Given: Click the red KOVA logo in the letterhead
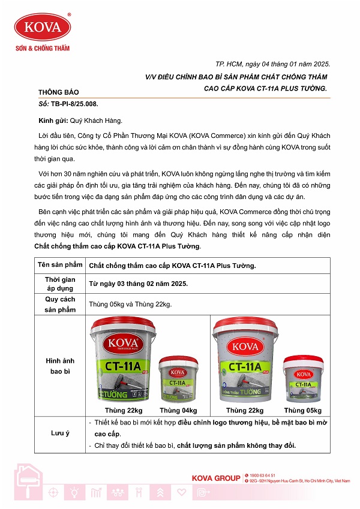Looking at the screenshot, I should point(43,27).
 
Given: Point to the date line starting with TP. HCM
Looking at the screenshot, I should point(272,64).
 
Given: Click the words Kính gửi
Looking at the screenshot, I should point(49,121).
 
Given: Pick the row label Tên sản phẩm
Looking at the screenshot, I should point(60,265).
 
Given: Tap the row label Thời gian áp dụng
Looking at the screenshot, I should point(60,284).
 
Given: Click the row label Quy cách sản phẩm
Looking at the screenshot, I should point(60,304).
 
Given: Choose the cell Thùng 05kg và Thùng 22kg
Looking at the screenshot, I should point(130,305).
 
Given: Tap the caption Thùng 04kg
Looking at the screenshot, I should point(178,411).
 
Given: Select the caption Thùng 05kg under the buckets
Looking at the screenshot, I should point(303,411).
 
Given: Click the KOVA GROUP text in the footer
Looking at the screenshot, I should point(216,478).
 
